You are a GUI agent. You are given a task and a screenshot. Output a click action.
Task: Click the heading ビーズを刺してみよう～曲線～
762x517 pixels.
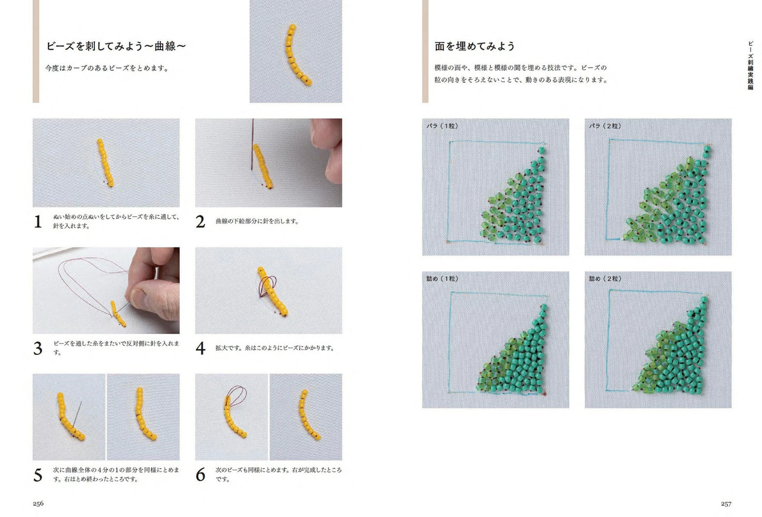pos(116,46)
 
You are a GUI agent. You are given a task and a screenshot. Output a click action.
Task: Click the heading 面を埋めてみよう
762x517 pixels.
pos(475,46)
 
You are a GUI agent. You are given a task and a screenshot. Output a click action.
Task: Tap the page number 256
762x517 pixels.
pos(38,503)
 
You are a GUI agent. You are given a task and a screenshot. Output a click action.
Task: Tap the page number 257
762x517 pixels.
pos(726,504)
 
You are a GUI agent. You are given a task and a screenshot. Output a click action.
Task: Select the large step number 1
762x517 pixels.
pos(38,222)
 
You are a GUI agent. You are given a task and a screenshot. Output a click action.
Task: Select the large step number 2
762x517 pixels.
pos(200,222)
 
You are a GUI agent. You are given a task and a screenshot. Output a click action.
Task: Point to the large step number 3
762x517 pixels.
pos(38,349)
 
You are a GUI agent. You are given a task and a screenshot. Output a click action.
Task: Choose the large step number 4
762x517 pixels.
pos(200,349)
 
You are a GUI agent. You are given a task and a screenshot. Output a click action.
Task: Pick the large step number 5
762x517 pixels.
pos(38,475)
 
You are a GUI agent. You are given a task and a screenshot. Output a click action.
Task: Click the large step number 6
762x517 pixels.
pos(200,475)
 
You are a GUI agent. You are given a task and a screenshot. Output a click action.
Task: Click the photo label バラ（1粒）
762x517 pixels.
pos(442,126)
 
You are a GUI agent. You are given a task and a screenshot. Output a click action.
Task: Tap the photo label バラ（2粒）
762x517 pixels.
pos(605,126)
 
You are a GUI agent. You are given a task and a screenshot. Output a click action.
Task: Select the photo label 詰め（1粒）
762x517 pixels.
pos(442,279)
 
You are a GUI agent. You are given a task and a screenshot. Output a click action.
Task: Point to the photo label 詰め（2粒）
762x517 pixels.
pos(605,279)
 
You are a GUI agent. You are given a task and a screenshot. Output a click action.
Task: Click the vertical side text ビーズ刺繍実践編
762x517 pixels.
pos(750,65)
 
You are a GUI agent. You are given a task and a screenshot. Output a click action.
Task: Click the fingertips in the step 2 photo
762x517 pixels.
pos(329,150)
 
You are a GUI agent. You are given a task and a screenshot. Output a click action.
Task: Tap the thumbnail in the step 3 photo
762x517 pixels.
pos(139,297)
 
